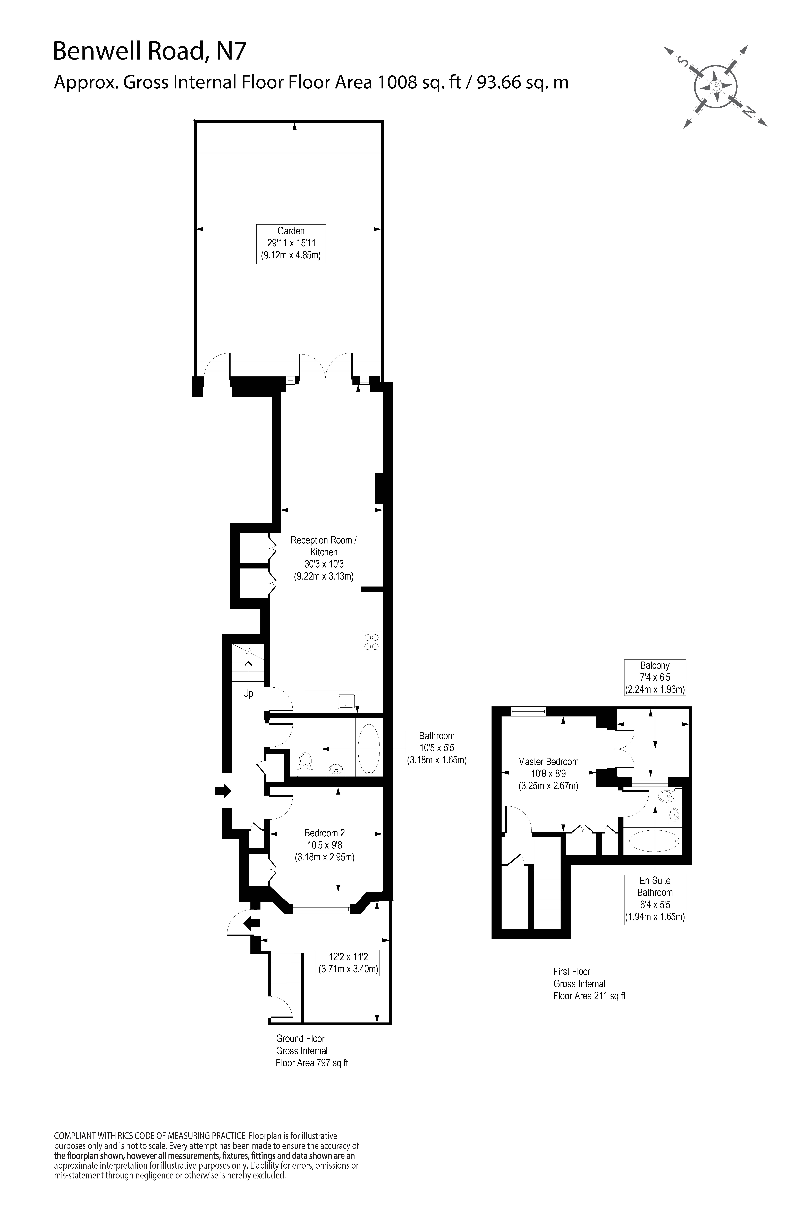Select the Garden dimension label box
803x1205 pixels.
tap(291, 244)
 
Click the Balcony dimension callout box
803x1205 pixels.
tap(654, 677)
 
